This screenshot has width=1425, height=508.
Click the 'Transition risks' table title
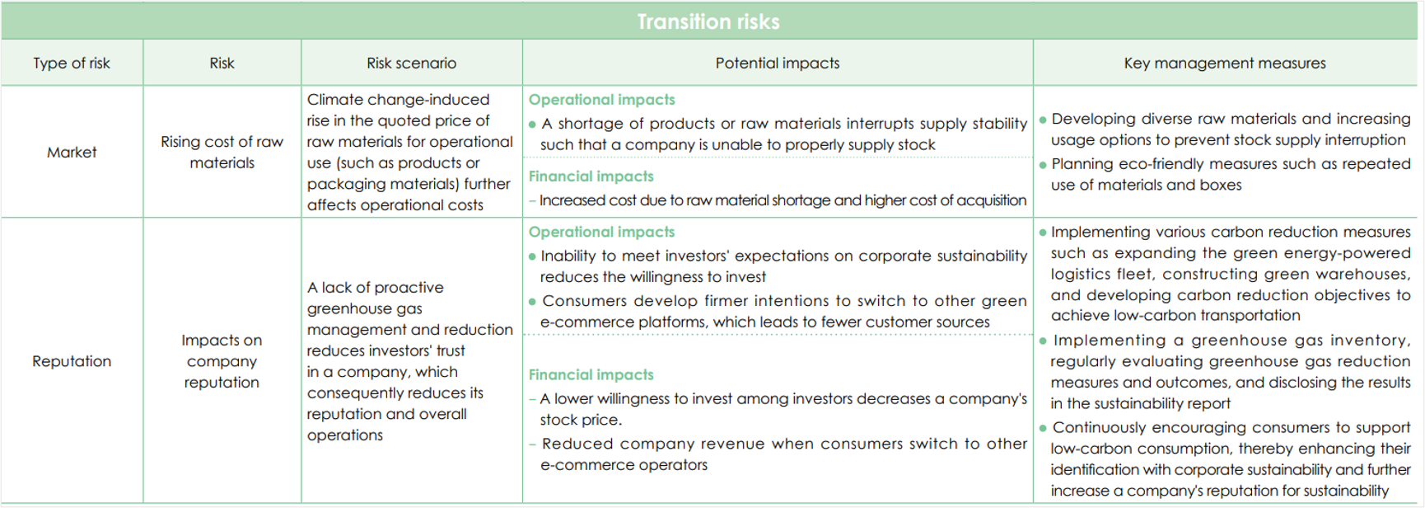click(x=708, y=21)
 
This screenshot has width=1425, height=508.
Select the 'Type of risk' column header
click(x=72, y=63)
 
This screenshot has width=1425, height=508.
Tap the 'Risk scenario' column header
click(x=411, y=63)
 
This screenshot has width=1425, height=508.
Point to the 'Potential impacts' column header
click(x=778, y=63)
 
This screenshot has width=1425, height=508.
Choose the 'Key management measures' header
click(x=1225, y=63)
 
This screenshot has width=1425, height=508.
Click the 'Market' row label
click(x=72, y=153)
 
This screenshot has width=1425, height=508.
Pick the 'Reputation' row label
click(x=72, y=361)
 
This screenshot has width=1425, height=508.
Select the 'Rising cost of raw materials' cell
click(x=222, y=153)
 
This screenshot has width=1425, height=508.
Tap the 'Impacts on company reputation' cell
click(x=222, y=361)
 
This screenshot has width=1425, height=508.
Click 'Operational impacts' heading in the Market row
click(x=601, y=100)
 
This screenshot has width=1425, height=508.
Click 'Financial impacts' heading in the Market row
click(x=591, y=176)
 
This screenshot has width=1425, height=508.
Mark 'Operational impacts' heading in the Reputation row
click(x=601, y=233)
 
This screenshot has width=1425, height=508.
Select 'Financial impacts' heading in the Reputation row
click(x=591, y=375)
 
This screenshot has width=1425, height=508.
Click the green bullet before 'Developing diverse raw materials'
click(x=1043, y=120)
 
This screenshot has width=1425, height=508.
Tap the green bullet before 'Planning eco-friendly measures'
click(x=1043, y=165)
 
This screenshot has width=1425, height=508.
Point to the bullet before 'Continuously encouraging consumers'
click(x=1043, y=428)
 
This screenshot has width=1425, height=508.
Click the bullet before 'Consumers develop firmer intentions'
click(x=532, y=302)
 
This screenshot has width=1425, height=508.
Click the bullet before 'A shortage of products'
click(x=532, y=125)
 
